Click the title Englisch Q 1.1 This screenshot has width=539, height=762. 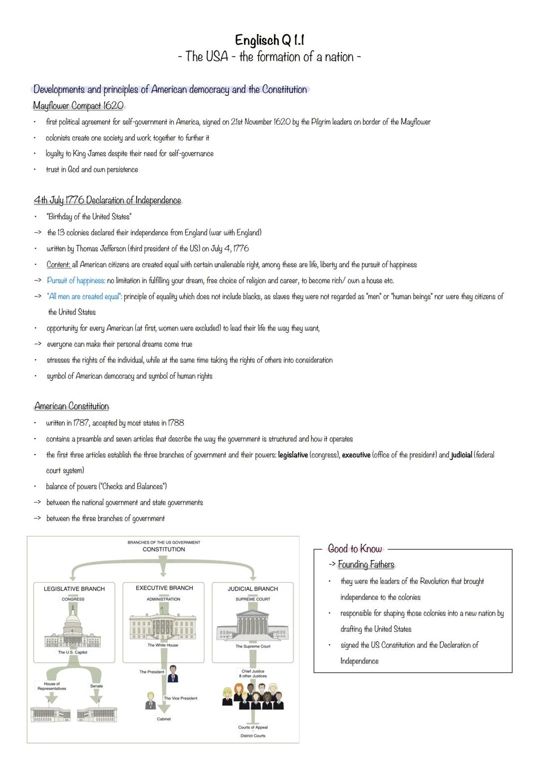coord(269,40)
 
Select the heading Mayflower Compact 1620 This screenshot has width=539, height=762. coord(78,106)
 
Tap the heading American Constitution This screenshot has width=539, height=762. coord(71,406)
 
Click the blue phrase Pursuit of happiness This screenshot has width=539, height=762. coord(76,280)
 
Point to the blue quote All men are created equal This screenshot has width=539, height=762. coord(84,296)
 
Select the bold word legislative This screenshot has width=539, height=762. coord(292,455)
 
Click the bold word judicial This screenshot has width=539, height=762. coord(461,455)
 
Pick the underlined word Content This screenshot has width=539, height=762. coord(58,264)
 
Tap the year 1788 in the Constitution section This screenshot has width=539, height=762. coord(176,423)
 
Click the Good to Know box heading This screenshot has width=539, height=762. coord(355,549)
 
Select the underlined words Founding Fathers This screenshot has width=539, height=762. coord(366,564)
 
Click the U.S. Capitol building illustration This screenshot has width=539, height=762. coord(73,629)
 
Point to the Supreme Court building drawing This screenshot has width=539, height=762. coord(253,624)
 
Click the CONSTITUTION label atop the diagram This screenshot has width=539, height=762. coord(164,549)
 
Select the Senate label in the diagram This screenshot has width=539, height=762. coord(96,686)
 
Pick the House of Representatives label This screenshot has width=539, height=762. coord(51,686)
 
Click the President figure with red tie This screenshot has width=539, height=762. coord(173,673)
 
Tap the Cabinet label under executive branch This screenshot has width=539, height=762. coord(164,719)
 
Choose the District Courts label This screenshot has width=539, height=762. coord(253,736)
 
